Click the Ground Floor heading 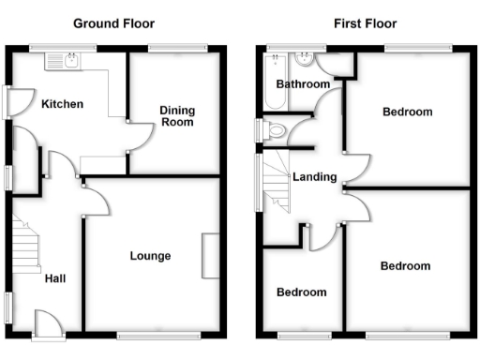tap(115, 23)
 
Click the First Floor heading tap(365, 23)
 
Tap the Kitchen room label tap(62, 104)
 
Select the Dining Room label tap(176, 115)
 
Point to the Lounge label tap(150, 255)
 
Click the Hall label tap(54, 278)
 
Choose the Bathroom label tap(302, 84)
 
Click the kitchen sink tap(64, 61)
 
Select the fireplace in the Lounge tap(210, 255)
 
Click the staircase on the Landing tap(277, 184)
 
